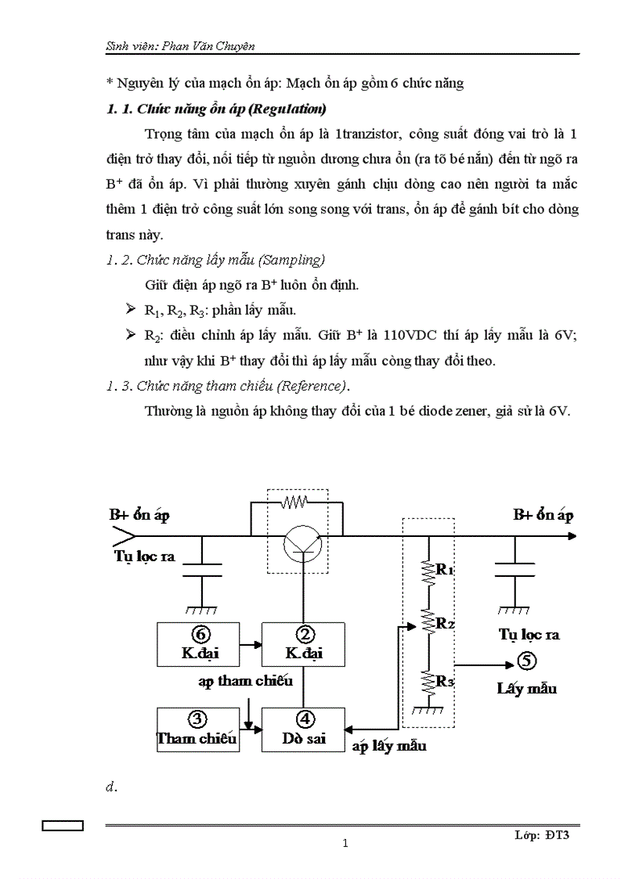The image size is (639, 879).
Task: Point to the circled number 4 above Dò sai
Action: [x=306, y=719]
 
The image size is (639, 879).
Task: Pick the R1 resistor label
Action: [x=445, y=570]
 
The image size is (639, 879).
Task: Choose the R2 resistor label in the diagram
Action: [x=445, y=624]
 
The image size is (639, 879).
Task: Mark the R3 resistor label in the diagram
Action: [x=445, y=681]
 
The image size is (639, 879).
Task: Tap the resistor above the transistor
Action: [x=296, y=499]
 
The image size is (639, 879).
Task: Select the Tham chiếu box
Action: [x=197, y=729]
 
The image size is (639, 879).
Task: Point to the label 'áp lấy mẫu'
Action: [x=389, y=746]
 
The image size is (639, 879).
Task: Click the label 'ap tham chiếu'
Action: [x=245, y=680]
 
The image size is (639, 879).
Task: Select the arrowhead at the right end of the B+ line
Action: [x=572, y=536]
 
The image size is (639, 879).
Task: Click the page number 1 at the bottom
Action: [x=345, y=843]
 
